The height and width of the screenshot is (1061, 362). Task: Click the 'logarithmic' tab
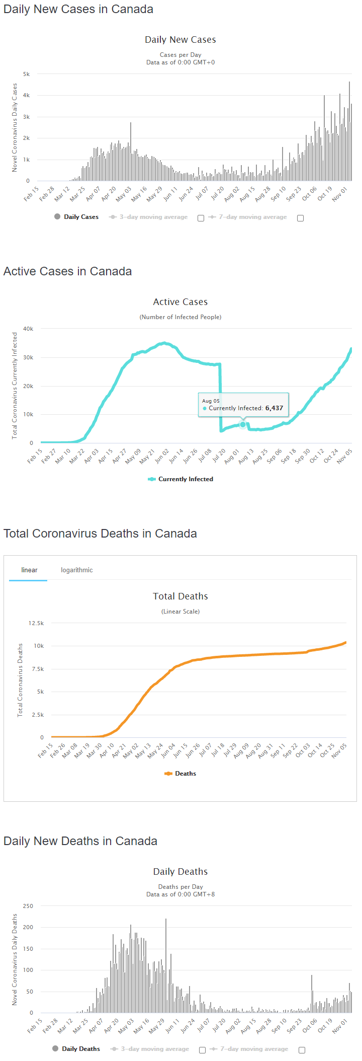[x=76, y=570]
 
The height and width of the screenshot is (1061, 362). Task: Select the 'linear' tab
[x=29, y=570]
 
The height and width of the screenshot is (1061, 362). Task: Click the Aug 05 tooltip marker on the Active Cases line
[x=243, y=425]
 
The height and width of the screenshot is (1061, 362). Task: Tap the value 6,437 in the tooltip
[x=274, y=408]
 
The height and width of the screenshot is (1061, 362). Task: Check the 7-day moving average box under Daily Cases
[x=300, y=218]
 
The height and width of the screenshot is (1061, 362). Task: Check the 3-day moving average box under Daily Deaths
[x=202, y=1050]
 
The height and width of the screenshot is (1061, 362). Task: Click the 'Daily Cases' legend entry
[x=76, y=217]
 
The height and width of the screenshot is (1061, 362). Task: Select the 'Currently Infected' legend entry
[x=180, y=479]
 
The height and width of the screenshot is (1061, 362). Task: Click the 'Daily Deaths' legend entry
[x=76, y=1049]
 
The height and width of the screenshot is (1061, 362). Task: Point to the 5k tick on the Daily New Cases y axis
[x=26, y=74]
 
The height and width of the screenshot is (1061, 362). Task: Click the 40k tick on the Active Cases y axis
[x=28, y=329]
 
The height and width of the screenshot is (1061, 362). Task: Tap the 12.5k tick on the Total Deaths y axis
[x=36, y=623]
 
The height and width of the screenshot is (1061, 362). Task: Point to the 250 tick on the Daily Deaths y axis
[x=28, y=906]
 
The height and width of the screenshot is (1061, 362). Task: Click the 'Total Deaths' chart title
[x=180, y=596]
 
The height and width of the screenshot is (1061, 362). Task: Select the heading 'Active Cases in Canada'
[x=67, y=271]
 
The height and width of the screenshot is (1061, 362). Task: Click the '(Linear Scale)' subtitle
[x=180, y=612]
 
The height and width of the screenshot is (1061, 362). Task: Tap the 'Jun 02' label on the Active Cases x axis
[x=162, y=457]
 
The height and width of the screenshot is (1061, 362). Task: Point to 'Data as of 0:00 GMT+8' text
[x=180, y=894]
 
